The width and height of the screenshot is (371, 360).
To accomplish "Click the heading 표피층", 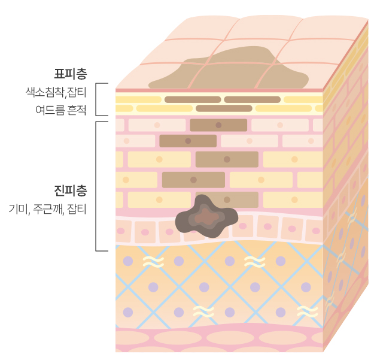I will pos(70,74).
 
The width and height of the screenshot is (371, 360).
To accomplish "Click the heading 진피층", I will pos(70,191).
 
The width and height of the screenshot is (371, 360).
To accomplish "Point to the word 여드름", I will pos(49,110).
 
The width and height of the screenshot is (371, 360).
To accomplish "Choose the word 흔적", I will pos(77,110).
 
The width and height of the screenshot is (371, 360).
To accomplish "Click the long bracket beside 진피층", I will pos(97,186).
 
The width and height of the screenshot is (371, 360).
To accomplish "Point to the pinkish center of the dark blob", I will pos(205,216).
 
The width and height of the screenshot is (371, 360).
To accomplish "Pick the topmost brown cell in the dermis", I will pos(218,125).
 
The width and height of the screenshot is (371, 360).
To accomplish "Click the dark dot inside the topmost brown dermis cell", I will pos(218,125).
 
